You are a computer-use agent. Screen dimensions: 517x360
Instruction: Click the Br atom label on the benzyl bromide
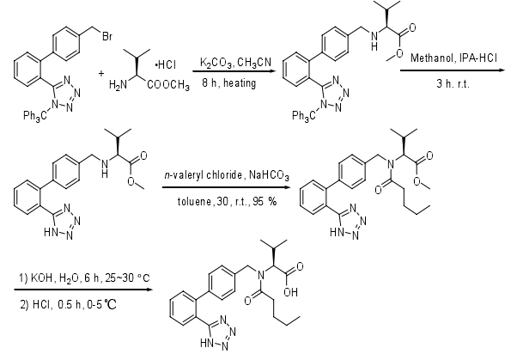[107, 36]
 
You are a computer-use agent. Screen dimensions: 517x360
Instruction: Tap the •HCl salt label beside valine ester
[166, 65]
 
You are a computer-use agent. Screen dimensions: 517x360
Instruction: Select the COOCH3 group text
[168, 85]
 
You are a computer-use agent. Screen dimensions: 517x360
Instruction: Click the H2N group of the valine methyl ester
[118, 85]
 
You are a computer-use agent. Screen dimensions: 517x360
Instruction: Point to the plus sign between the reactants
[101, 73]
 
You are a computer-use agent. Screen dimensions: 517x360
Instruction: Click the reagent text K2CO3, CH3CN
[235, 63]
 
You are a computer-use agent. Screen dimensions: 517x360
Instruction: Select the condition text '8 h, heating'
[229, 82]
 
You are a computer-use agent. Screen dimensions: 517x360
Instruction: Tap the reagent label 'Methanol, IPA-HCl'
[454, 58]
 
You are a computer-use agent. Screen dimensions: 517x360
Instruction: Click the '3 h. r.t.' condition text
[453, 83]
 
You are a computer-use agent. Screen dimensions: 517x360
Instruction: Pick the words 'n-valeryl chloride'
[204, 174]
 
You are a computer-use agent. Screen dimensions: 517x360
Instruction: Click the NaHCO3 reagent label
[269, 175]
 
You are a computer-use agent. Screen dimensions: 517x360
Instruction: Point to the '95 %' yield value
[265, 201]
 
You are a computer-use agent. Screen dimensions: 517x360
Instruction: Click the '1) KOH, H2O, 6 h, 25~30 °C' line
[84, 278]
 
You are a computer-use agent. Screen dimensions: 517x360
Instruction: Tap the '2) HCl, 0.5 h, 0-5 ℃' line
[68, 304]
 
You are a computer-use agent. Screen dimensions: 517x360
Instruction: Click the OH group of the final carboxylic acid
[290, 292]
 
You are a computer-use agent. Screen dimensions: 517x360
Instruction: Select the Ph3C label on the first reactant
[35, 116]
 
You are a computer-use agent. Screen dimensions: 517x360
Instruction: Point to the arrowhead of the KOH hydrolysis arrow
[149, 290]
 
